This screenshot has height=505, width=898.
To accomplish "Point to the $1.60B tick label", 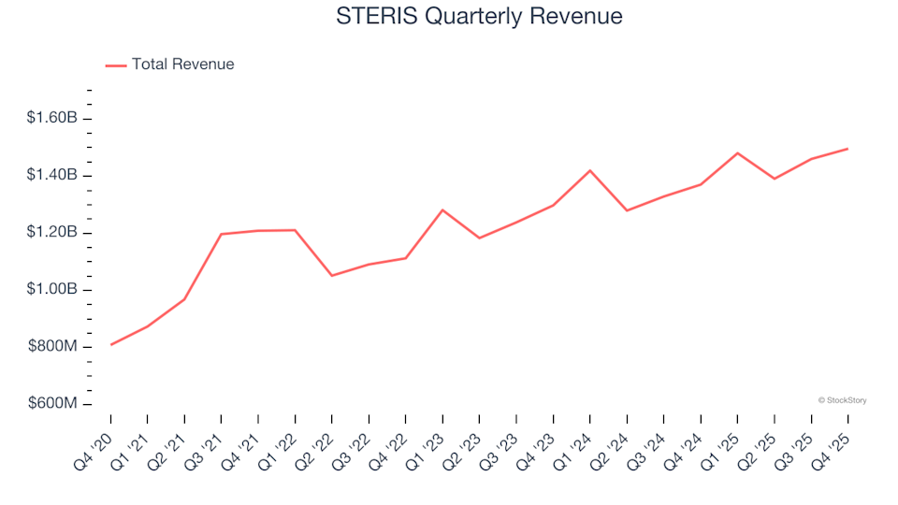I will pyautogui.click(x=51, y=118).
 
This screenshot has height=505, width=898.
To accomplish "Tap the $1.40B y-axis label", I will pyautogui.click(x=51, y=176).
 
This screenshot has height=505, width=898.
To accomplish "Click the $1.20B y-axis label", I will pyautogui.click(x=51, y=233).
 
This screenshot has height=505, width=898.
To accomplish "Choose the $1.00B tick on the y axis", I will pyautogui.click(x=51, y=290).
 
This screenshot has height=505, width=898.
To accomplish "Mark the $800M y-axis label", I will pyautogui.click(x=54, y=347).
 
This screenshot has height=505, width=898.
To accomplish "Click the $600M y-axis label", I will pyautogui.click(x=54, y=404).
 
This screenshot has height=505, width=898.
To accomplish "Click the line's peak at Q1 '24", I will pyautogui.click(x=590, y=170).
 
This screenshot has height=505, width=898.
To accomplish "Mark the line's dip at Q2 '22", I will pyautogui.click(x=331, y=276).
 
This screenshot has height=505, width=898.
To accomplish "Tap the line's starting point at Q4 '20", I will pyautogui.click(x=110, y=345).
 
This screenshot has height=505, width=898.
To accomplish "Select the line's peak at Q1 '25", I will pyautogui.click(x=738, y=152).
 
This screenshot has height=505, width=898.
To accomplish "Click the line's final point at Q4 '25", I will pyautogui.click(x=848, y=149).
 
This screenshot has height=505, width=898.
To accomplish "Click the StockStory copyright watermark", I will pyautogui.click(x=842, y=400).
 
